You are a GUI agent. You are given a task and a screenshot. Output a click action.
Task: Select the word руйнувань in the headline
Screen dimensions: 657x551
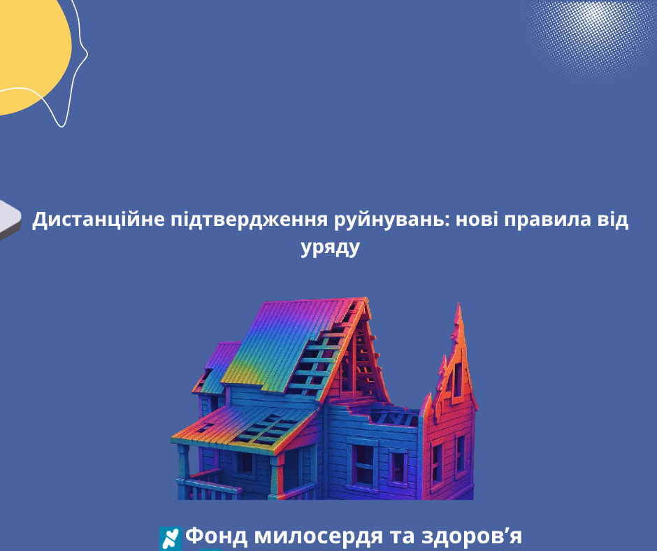(x=390, y=220)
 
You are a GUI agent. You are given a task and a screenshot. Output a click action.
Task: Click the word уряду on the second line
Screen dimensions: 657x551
(x=330, y=248)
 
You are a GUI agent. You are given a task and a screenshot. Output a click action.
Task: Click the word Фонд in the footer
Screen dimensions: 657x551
(x=216, y=536)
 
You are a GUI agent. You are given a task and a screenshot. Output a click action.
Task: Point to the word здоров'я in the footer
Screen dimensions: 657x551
(x=471, y=536)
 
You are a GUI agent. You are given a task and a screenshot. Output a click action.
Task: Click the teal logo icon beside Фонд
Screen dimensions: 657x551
(x=171, y=538)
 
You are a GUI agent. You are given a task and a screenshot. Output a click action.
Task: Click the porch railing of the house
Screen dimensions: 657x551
(x=210, y=487)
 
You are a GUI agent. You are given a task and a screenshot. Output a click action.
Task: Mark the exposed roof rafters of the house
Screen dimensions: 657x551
(x=331, y=357)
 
